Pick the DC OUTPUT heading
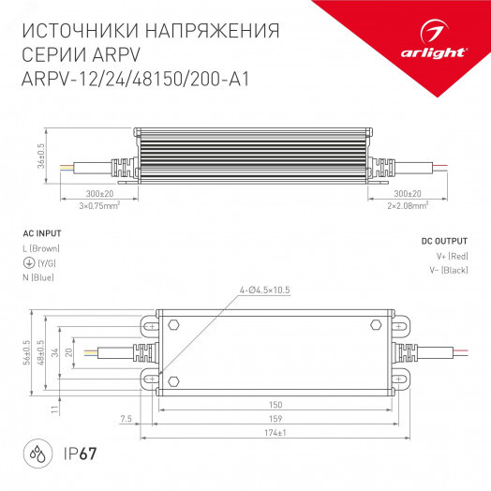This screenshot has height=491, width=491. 443,241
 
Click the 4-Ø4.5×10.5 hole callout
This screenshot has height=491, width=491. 263,290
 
